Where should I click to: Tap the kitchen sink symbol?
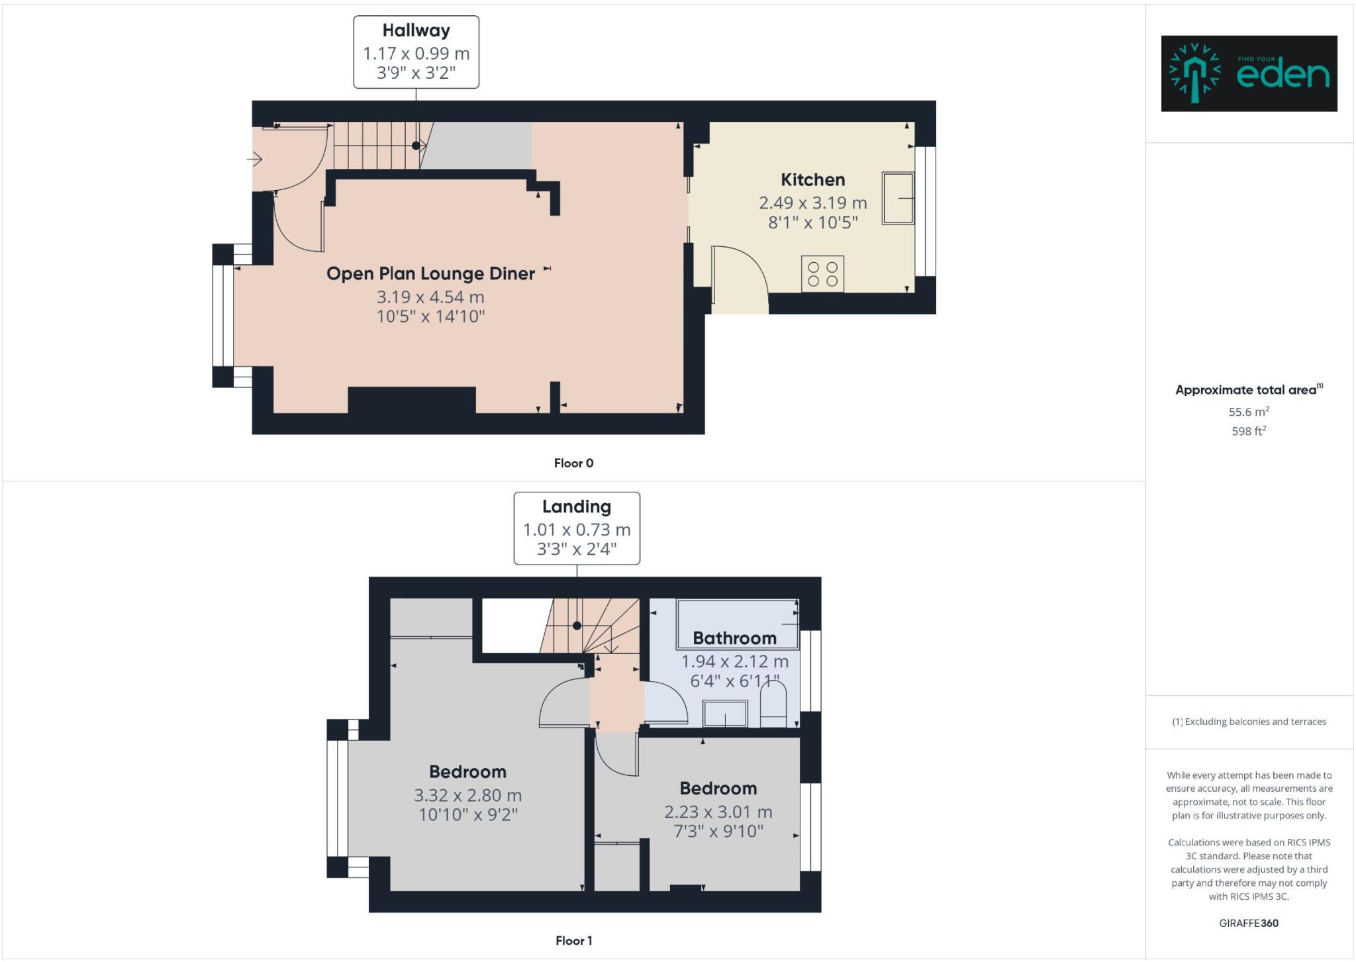(898, 199)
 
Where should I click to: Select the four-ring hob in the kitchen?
(822, 273)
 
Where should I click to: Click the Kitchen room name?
(812, 179)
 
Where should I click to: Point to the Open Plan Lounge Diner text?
(430, 273)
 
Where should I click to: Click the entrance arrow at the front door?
(255, 159)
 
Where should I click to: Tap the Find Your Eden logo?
(1249, 73)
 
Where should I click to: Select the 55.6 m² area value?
(1248, 412)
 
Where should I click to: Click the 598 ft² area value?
(1248, 431)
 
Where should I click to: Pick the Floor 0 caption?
(573, 463)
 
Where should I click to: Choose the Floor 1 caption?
(573, 940)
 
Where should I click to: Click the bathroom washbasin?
(725, 714)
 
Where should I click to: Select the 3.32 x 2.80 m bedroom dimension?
(467, 795)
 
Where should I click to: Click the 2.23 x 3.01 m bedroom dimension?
(718, 812)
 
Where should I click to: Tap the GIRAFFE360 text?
(1248, 923)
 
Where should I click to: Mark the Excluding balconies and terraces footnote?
(1249, 722)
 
